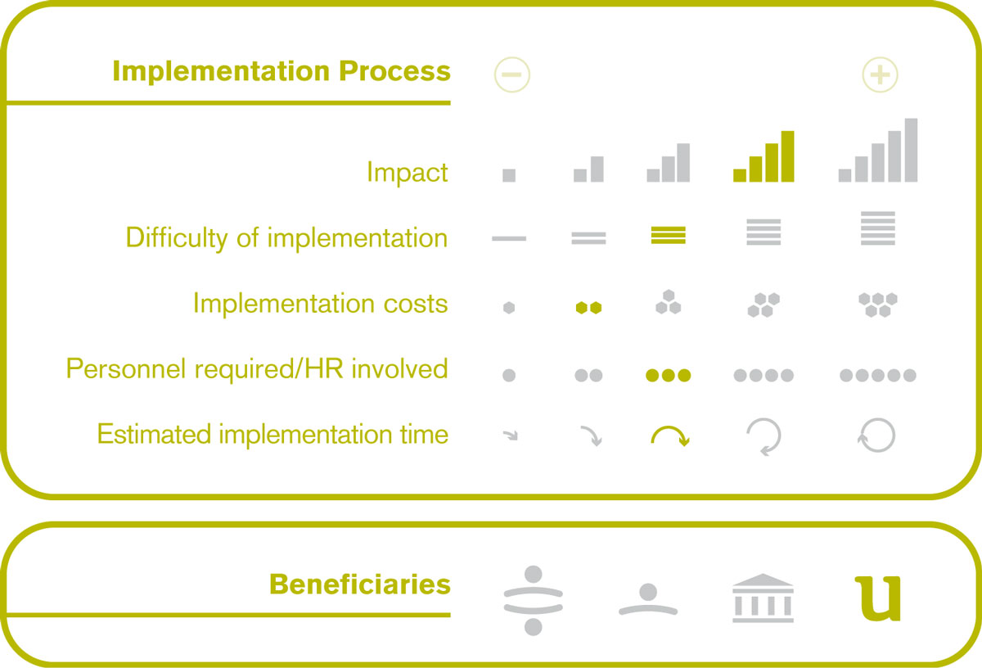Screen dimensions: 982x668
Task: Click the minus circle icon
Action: pyautogui.click(x=511, y=74)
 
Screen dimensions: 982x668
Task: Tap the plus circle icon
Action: pyautogui.click(x=880, y=74)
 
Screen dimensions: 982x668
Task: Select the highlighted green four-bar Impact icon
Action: pyautogui.click(x=764, y=156)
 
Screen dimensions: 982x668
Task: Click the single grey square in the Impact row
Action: pyautogui.click(x=509, y=175)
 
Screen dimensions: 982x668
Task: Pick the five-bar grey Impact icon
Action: pyautogui.click(x=877, y=150)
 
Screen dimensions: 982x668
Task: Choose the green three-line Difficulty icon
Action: pyautogui.click(x=668, y=235)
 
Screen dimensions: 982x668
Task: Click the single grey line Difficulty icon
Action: pyautogui.click(x=509, y=238)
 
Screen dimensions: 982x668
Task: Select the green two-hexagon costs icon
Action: pyautogui.click(x=588, y=308)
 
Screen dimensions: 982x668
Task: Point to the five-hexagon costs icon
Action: pyautogui.click(x=877, y=305)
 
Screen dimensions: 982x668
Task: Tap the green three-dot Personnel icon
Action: pyautogui.click(x=668, y=375)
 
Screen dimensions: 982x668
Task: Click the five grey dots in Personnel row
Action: pyautogui.click(x=877, y=375)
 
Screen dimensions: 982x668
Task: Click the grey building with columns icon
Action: pyautogui.click(x=763, y=598)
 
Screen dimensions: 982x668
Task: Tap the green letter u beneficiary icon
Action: pyautogui.click(x=878, y=598)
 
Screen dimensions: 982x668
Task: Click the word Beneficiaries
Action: pyautogui.click(x=360, y=584)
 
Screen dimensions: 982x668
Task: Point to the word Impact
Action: pyautogui.click(x=408, y=172)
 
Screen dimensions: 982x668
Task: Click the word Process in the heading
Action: pyautogui.click(x=394, y=71)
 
